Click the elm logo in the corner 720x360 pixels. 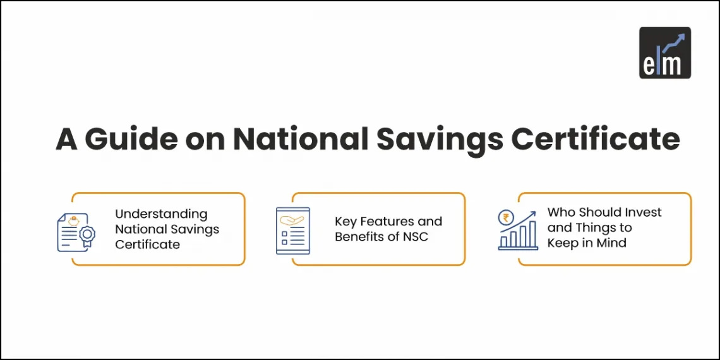point(664,52)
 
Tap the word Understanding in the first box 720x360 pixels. point(161,214)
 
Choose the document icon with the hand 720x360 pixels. point(292,231)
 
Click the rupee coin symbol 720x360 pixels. point(505,218)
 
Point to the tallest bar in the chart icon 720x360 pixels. point(533,234)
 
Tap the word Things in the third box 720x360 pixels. point(594,227)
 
